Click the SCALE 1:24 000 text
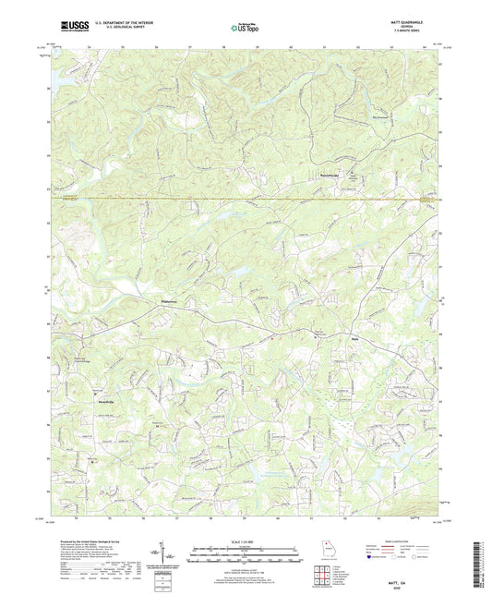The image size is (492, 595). [x=246, y=540]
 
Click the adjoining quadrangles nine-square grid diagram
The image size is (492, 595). [x=323, y=573]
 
